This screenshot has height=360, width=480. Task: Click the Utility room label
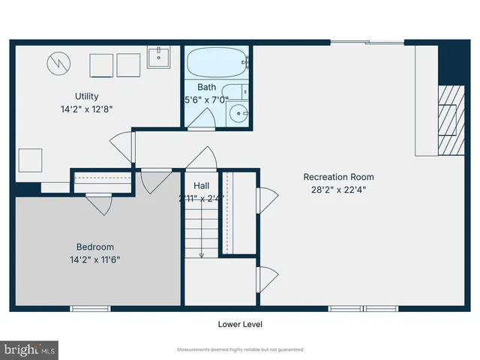coord(86,96)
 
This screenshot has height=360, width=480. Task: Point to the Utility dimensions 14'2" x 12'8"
coord(86,108)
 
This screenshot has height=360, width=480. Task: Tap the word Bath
coord(208,87)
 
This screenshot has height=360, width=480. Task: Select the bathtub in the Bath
coord(216,61)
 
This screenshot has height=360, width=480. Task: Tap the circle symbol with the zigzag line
coord(58,64)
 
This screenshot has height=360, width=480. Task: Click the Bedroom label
coord(95,247)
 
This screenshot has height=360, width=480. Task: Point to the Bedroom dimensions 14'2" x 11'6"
coord(95,259)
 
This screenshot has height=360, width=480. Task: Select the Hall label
coord(202,185)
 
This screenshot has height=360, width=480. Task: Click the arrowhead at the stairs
coord(202,255)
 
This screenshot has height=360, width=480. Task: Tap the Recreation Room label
coord(338,177)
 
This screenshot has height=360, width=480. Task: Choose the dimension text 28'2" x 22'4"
coord(338,190)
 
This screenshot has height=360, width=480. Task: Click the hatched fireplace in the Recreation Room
coord(448,109)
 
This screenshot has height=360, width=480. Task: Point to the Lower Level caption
coord(240,325)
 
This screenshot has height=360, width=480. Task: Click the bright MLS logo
coord(29,349)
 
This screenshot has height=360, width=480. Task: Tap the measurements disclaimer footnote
coord(240,350)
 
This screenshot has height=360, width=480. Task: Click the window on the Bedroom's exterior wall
coord(91,308)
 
